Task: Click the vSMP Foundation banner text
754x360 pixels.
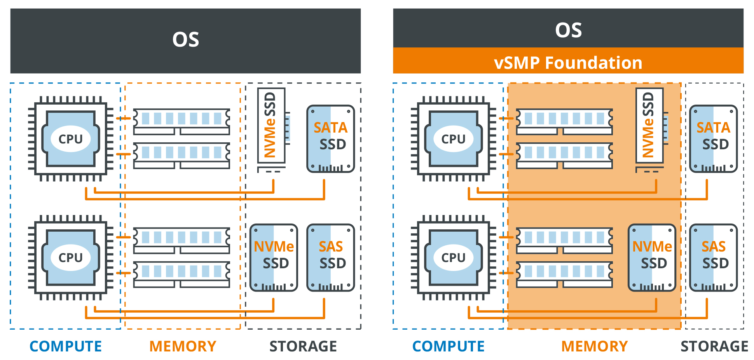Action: pos(568,63)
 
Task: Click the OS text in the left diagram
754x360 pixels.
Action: pos(186,40)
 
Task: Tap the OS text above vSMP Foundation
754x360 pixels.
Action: pos(568,30)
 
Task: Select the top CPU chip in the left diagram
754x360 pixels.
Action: pos(71,139)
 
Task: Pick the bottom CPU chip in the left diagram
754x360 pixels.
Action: pos(71,257)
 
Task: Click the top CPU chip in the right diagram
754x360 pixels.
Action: pos(453,139)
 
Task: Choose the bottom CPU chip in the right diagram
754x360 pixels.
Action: pos(453,257)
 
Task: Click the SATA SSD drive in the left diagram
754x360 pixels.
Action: pos(331,139)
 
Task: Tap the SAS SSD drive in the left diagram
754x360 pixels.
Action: pos(331,257)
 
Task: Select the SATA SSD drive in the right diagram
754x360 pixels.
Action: pos(714,139)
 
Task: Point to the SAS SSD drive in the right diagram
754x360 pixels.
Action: pos(714,257)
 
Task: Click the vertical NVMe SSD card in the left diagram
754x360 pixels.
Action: pos(271,126)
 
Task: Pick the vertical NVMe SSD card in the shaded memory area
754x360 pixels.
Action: pos(649,126)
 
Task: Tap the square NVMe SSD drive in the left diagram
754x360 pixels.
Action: pos(274,257)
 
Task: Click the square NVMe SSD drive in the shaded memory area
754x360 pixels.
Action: pos(652,257)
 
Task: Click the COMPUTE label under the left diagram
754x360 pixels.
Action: pos(66,346)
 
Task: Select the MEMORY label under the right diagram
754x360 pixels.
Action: pos(595,346)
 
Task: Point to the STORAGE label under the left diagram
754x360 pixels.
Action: pos(303,346)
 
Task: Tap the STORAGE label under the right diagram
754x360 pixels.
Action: pos(714,346)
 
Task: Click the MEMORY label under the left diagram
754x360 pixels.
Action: pos(183,346)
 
